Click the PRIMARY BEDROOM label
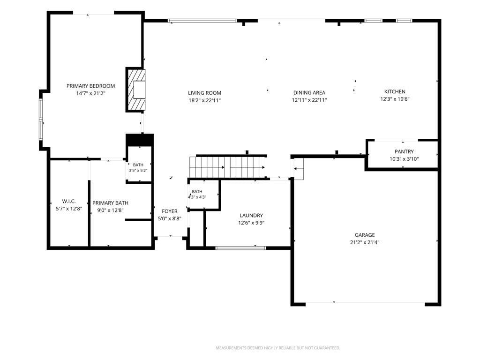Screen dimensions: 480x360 coord(90,86)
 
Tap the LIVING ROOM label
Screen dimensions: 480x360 coord(204,93)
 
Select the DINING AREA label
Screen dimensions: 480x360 coord(309,93)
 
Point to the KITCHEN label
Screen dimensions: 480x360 coord(395,91)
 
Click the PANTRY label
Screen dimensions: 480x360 coord(404,151)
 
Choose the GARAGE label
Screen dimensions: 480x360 coord(365,235)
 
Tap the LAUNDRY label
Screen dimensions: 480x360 coord(251,216)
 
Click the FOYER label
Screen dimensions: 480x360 coord(170,211)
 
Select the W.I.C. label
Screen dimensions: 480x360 coord(69,202)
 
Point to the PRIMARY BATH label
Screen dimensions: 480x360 coord(111,203)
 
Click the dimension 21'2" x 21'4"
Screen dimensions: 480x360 coord(365,242)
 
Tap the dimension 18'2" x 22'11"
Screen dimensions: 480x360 coord(204,100)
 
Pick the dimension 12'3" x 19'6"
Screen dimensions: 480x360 coord(395,99)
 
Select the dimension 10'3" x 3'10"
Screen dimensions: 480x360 coord(404,159)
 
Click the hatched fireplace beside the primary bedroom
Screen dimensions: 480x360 coord(135,90)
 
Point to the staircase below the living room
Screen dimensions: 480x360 coord(228,167)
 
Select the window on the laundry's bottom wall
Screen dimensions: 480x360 coord(241,248)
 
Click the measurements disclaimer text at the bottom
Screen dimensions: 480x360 coord(278,348)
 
